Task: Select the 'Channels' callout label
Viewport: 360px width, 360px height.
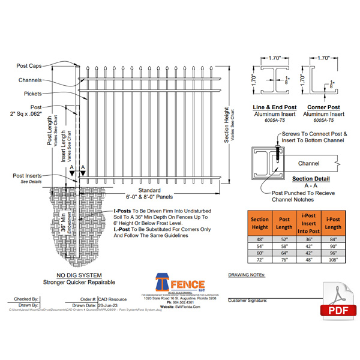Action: point(29,80)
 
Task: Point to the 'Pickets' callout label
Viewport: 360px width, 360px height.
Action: point(32,94)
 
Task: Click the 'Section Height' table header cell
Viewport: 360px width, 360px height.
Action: point(259,223)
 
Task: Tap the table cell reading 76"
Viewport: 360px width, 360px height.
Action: point(283,260)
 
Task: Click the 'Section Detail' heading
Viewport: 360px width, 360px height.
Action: point(311,179)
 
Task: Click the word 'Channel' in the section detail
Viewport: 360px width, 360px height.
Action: point(308,163)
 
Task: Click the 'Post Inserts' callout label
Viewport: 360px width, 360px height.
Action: point(27,175)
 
